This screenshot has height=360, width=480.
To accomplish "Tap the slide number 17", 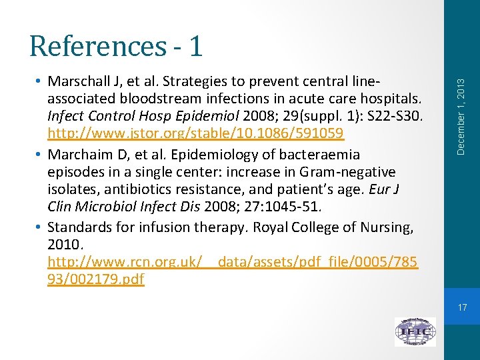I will point(463,307).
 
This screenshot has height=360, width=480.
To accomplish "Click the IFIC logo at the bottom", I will point(415,331).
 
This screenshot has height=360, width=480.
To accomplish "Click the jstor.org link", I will point(195,133).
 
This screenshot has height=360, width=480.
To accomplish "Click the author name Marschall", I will point(79,81).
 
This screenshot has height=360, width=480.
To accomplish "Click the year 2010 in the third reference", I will point(64,245).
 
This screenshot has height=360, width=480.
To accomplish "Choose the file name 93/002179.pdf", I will point(96,279).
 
